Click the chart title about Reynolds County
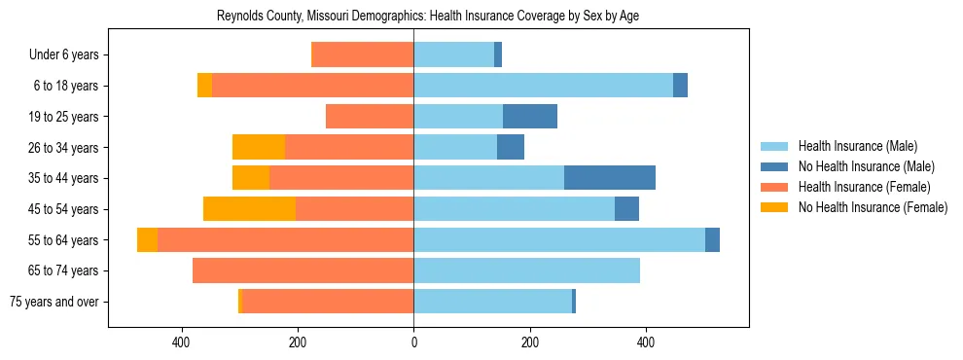tap(427, 17)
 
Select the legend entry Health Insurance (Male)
tap(857, 146)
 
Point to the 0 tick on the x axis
tap(413, 342)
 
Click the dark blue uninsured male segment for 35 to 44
tap(610, 178)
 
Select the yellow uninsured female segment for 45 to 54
tap(249, 209)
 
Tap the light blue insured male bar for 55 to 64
tap(559, 240)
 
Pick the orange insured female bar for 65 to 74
tap(303, 270)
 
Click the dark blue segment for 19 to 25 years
tap(530, 117)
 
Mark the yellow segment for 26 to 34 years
tap(259, 147)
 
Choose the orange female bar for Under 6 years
tap(362, 55)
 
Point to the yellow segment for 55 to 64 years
tap(147, 240)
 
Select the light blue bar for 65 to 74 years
tap(526, 270)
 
